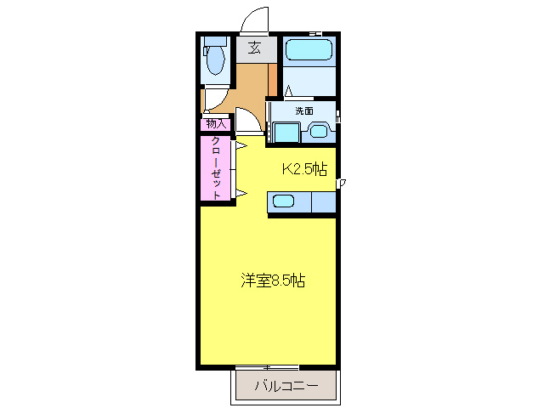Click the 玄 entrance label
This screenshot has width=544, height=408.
pos(254,48)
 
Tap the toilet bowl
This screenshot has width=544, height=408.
pos(215,60)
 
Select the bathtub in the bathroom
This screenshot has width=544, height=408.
pos(309,49)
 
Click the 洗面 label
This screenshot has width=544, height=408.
pos(304,111)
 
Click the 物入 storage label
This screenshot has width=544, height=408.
pos(216,124)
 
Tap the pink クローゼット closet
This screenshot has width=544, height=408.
pos(215,168)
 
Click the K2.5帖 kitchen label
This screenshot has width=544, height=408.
pos(304,169)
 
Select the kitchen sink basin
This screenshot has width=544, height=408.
pos(283,201)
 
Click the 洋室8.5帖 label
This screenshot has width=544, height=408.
pos(273,280)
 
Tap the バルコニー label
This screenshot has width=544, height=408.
pos(286,385)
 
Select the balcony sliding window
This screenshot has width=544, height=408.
pos(267,367)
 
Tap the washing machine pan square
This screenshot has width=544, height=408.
pos(286,133)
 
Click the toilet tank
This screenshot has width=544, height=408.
pos(215,42)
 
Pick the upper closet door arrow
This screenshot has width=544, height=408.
pos(241,145)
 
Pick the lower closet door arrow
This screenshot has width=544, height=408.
pos(241,193)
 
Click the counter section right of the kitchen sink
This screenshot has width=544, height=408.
pos(324,202)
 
